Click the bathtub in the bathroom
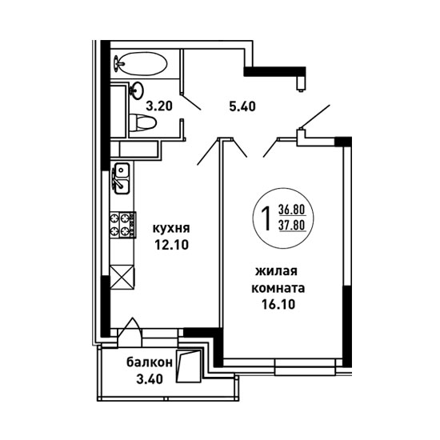pyautogui.click(x=140, y=64)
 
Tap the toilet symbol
pyautogui.click(x=142, y=122)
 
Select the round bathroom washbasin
pyautogui.click(x=137, y=90)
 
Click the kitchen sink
pyautogui.click(x=121, y=178)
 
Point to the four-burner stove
pyautogui.click(x=123, y=225)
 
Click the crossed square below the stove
pyautogui.click(x=122, y=277)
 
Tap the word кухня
pyautogui.click(x=171, y=229)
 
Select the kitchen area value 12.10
pyautogui.click(x=171, y=246)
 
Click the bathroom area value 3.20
pyautogui.click(x=159, y=106)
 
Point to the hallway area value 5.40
pyautogui.click(x=242, y=106)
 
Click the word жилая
pyautogui.click(x=276, y=271)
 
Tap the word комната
pyautogui.click(x=278, y=288)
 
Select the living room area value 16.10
pyautogui.click(x=278, y=304)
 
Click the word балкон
pyautogui.click(x=149, y=362)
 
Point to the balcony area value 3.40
pyautogui.click(x=150, y=379)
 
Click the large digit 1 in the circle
pyautogui.click(x=266, y=219)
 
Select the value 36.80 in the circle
pyautogui.click(x=292, y=209)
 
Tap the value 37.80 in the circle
pyautogui.click(x=292, y=225)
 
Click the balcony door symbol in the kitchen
pyautogui.click(x=130, y=332)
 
